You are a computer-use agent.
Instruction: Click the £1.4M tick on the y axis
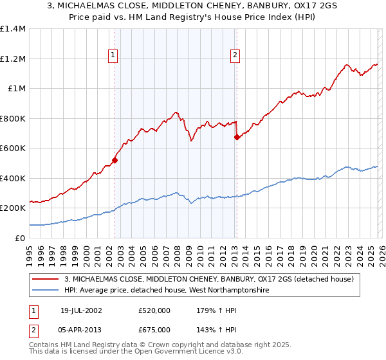click(13, 29)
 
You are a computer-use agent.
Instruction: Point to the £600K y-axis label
click(13, 148)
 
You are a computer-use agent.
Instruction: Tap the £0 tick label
click(20, 238)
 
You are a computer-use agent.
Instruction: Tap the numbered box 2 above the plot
click(235, 56)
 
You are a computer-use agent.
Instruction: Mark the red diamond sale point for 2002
click(115, 160)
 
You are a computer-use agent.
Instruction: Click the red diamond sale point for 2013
click(237, 137)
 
